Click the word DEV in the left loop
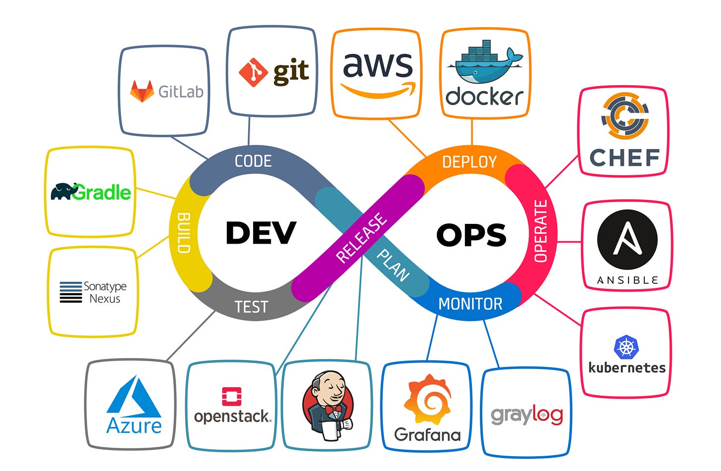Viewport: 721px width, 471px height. click(x=260, y=233)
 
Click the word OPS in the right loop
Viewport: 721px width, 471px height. click(x=471, y=235)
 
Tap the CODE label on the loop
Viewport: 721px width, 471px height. click(x=253, y=161)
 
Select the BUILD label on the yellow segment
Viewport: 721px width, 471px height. click(x=184, y=233)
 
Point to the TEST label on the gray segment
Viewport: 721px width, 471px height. click(x=251, y=307)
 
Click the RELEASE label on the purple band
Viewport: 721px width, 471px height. click(x=361, y=237)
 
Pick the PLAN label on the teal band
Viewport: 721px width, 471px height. click(x=393, y=265)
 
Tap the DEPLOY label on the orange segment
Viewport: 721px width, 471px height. click(x=469, y=162)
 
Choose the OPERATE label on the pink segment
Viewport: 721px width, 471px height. click(x=541, y=231)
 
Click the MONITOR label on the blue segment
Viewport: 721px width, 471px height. click(x=470, y=304)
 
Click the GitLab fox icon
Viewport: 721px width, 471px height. click(x=142, y=92)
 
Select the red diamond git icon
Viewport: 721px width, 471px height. click(x=253, y=72)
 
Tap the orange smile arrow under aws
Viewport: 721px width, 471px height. click(x=378, y=91)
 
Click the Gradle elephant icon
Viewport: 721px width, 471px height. click(x=63, y=191)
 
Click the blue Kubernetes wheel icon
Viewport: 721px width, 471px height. click(x=626, y=347)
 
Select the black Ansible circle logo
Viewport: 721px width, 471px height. click(x=627, y=240)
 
